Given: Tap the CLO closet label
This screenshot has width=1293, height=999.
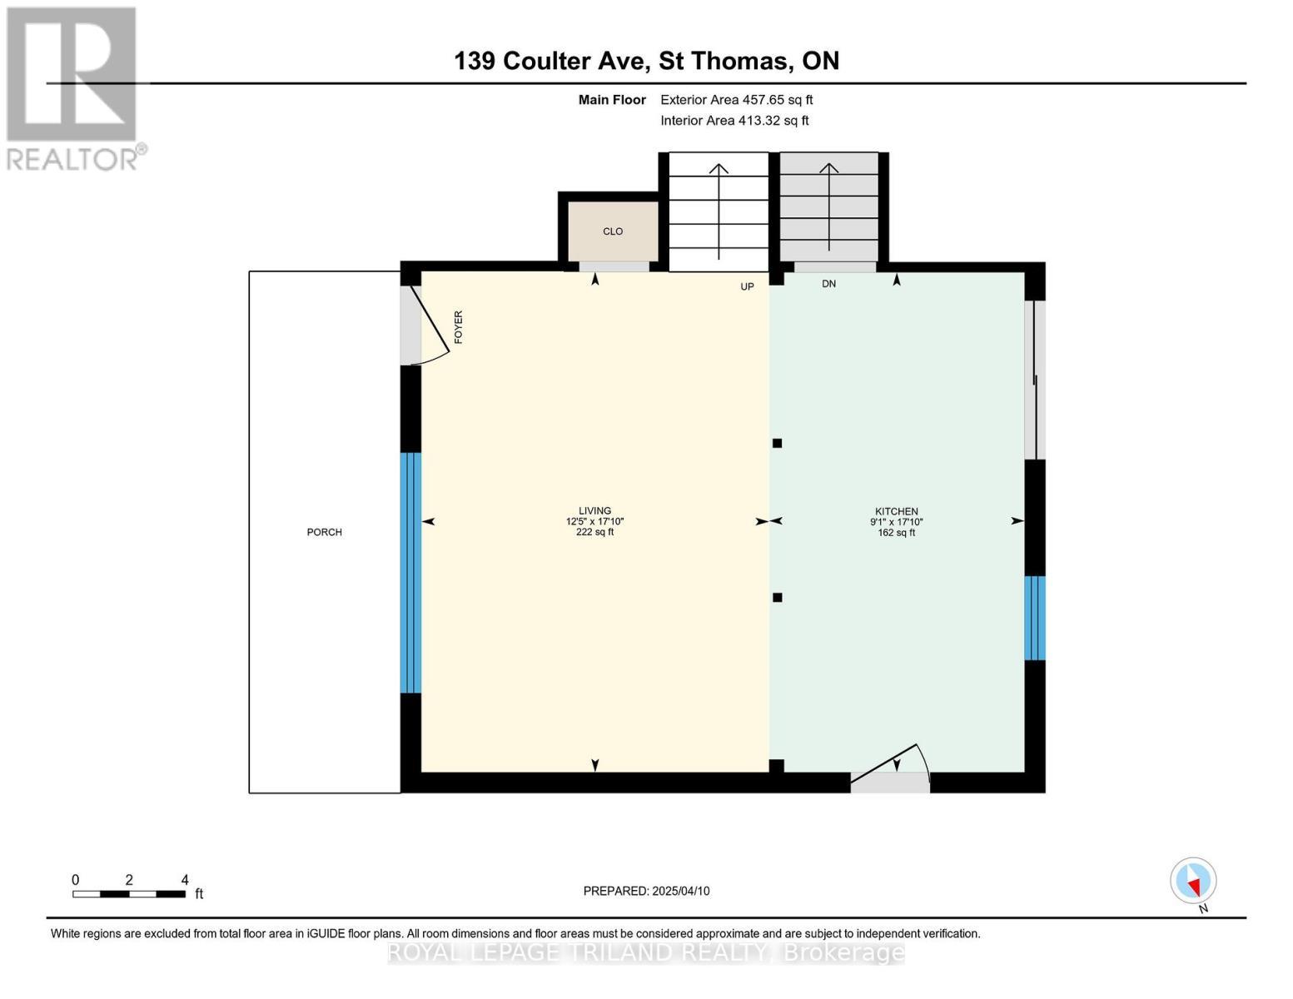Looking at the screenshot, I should point(613,231).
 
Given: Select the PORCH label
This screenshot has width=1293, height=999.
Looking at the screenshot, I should point(324,532).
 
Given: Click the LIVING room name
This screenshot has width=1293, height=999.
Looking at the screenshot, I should point(594,510).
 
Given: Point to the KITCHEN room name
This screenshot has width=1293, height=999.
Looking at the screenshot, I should point(896,511).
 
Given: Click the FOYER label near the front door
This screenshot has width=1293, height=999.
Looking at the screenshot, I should point(458,327).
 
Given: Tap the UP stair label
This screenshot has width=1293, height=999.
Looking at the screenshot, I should point(747,286).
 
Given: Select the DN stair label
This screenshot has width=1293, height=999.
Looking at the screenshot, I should point(828,284).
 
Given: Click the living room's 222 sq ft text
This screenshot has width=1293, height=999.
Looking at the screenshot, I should point(594,533).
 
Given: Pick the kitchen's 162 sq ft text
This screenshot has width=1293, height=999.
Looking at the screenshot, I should point(896,533).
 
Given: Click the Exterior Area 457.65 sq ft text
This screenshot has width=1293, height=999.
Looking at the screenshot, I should point(736,100).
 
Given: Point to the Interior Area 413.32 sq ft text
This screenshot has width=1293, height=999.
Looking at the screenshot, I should point(734,121).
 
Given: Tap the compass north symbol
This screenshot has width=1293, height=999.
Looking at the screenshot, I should point(1193,881).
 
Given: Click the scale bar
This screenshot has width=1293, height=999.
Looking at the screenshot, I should point(129,894).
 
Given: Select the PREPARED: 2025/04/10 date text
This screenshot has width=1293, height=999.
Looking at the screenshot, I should point(646,891).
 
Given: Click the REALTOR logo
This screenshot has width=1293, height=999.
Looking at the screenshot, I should point(73,87).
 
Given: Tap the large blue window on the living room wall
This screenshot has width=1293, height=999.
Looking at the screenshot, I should point(410,573).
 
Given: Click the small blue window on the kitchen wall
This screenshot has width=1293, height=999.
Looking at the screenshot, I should point(1034,618).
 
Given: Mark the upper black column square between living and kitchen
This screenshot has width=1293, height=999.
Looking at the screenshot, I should point(777,443).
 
